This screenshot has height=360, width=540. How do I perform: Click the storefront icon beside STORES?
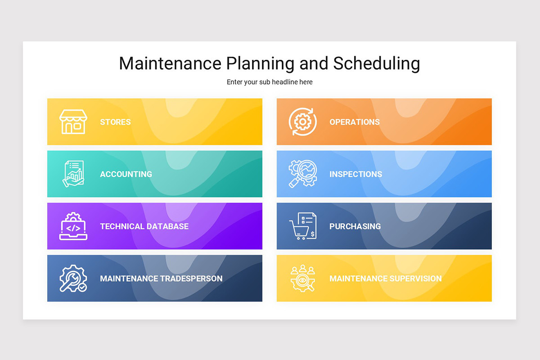click(x=72, y=121)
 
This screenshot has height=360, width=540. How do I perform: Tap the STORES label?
click(x=115, y=122)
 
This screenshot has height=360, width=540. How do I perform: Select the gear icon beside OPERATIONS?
click(x=302, y=121)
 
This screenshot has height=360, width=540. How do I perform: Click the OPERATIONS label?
click(x=355, y=122)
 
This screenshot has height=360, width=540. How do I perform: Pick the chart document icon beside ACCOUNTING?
click(x=73, y=174)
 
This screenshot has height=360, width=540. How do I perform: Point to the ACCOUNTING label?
click(x=126, y=174)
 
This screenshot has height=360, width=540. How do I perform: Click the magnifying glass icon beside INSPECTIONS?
click(x=302, y=174)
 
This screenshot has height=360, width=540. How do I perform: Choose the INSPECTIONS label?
click(x=355, y=174)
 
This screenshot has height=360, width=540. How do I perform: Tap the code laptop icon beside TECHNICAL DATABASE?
click(x=73, y=226)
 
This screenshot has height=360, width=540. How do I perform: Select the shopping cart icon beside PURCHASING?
click(x=302, y=226)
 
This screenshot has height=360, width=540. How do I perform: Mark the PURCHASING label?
click(x=355, y=226)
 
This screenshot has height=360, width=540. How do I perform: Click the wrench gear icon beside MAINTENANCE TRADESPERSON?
click(x=73, y=279)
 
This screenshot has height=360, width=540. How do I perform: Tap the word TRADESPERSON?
click(x=191, y=279)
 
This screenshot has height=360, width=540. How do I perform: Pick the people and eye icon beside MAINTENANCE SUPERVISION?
click(x=302, y=279)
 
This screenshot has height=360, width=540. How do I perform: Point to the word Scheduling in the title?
click(x=376, y=63)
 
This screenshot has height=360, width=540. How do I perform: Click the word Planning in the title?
click(x=260, y=63)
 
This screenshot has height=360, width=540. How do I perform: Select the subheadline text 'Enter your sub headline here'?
click(x=270, y=82)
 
